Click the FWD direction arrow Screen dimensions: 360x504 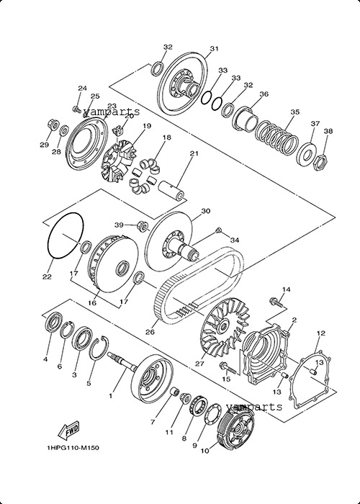tap(68, 431)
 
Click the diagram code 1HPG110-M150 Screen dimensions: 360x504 tap(73, 448)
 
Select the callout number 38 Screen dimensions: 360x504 tap(328, 131)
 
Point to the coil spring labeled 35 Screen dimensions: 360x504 tap(276, 137)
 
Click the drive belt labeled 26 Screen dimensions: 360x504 tap(199, 283)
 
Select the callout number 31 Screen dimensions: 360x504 tap(214, 49)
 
